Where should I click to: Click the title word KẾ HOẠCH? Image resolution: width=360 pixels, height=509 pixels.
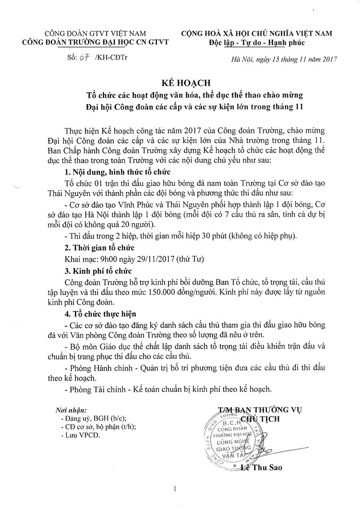pyautogui.click(x=180, y=82)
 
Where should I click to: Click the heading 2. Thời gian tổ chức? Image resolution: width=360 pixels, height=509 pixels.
pyautogui.click(x=99, y=248)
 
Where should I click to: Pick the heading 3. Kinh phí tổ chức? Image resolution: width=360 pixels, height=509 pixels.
pyautogui.click(x=98, y=271)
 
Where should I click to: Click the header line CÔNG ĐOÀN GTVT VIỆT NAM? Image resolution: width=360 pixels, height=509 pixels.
pyautogui.click(x=88, y=34)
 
